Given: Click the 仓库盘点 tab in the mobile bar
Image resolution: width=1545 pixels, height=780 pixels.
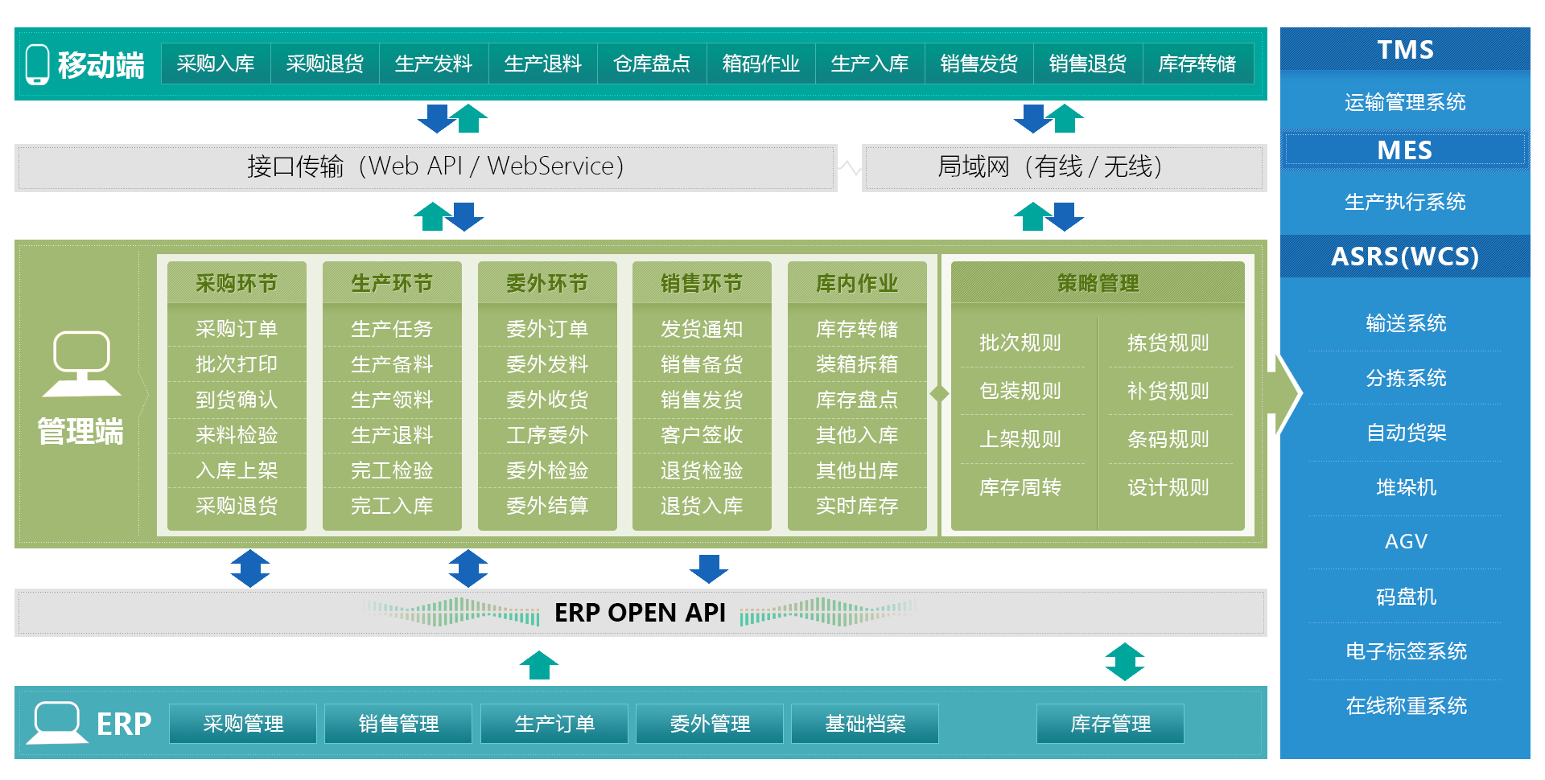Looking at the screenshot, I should click(x=652, y=64).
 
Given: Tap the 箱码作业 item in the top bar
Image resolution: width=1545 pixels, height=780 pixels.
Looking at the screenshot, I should click(x=760, y=64).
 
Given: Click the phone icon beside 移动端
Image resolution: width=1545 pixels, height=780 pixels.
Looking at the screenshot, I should click(x=37, y=64).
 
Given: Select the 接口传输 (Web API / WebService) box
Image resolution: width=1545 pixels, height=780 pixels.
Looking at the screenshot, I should click(x=435, y=166).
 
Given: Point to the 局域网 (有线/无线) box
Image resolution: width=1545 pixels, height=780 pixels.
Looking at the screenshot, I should click(x=1050, y=166).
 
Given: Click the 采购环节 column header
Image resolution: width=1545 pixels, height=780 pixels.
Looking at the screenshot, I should click(x=237, y=283).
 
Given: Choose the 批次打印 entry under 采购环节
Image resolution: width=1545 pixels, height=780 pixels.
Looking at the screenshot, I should click(x=237, y=364).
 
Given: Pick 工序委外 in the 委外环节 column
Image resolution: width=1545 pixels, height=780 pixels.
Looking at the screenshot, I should click(x=547, y=435).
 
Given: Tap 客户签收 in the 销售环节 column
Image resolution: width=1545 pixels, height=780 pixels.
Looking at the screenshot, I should click(x=702, y=435).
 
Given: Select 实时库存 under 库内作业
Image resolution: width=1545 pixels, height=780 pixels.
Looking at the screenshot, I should click(x=857, y=506).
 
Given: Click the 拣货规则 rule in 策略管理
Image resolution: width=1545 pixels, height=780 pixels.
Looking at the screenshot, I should click(x=1168, y=343).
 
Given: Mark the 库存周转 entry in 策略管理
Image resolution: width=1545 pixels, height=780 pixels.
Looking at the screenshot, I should click(x=1020, y=487).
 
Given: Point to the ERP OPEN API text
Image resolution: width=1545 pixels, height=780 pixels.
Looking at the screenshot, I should click(x=640, y=613).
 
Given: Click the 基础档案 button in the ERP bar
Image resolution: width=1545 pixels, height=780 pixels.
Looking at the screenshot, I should click(x=865, y=724).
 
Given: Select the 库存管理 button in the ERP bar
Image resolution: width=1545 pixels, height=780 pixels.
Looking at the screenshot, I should click(x=1110, y=724).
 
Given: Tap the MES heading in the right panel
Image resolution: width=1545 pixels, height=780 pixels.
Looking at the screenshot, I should click(x=1404, y=150).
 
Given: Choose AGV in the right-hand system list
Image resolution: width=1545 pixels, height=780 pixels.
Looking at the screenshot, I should click(x=1406, y=541).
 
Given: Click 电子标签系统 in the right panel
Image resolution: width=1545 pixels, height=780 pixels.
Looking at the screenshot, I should click(x=1406, y=651).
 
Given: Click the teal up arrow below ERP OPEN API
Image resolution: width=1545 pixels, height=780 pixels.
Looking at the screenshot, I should click(x=539, y=665).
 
